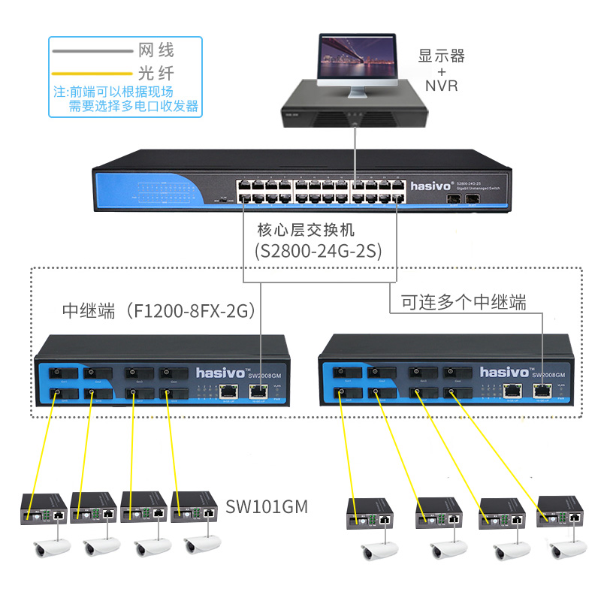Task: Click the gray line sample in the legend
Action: tap(91, 51)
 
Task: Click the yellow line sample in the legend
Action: tap(91, 74)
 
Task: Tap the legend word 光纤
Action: tap(156, 74)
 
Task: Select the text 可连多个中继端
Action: tap(464, 302)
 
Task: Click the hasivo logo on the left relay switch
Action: tap(217, 372)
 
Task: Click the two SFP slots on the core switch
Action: tap(464, 199)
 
